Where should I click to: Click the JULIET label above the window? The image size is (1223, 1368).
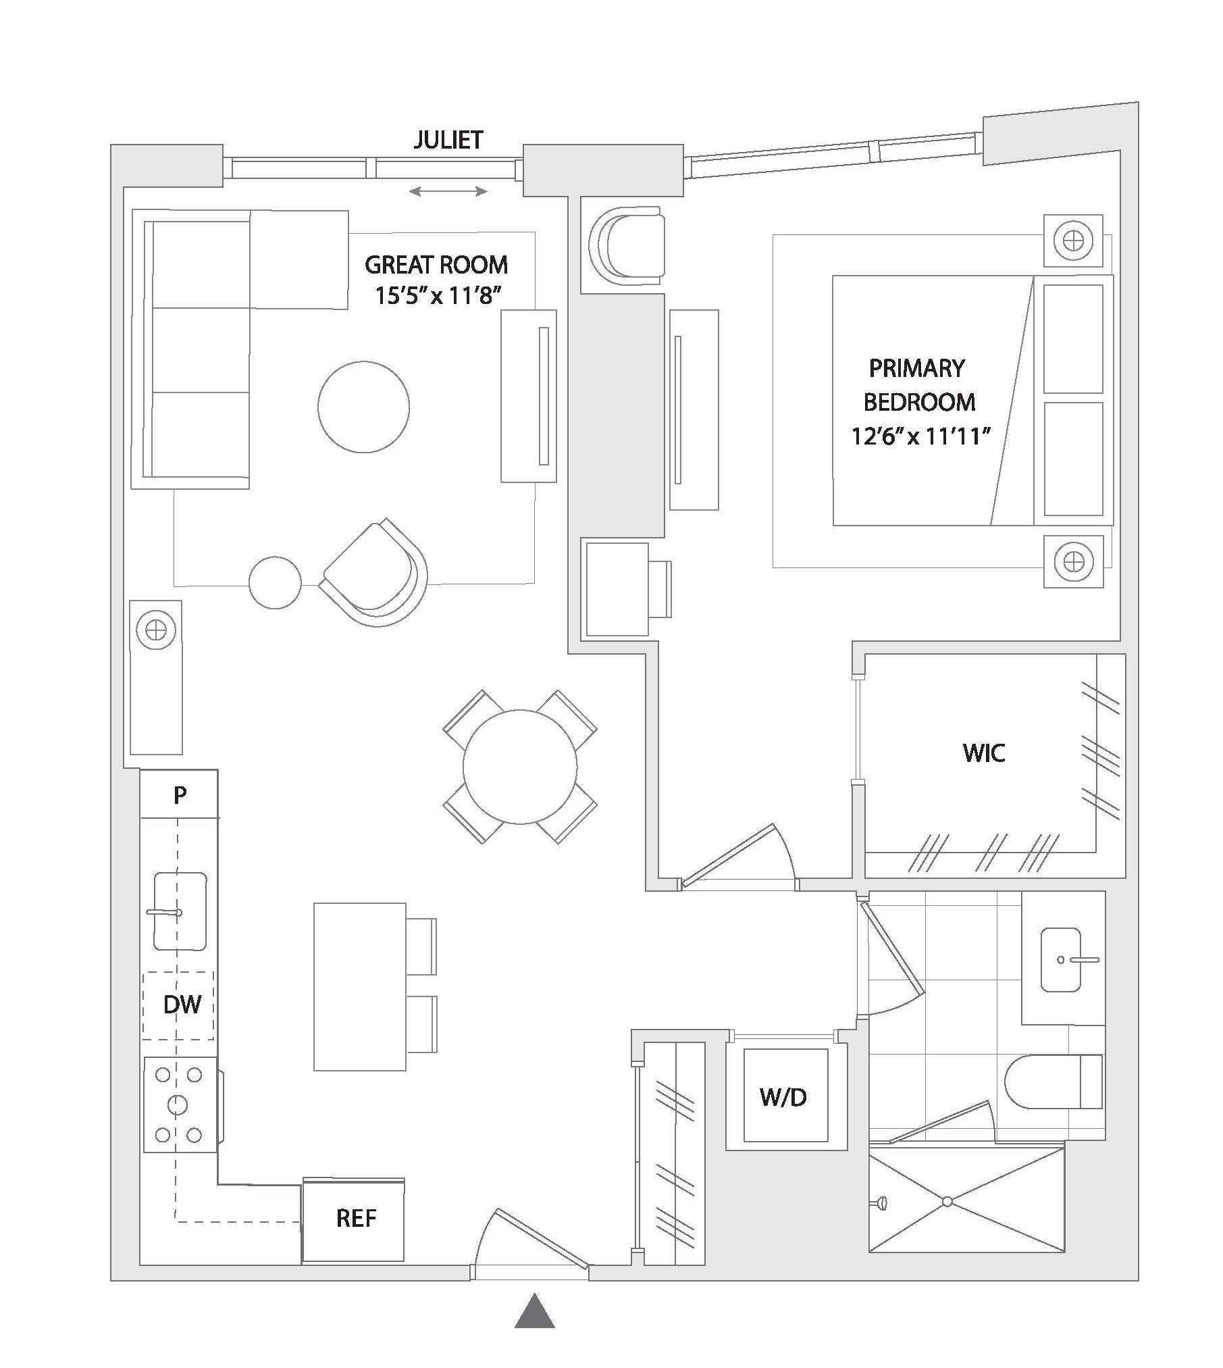click(x=448, y=140)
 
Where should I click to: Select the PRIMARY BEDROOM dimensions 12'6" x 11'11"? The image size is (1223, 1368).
click(x=920, y=436)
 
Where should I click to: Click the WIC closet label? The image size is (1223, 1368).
click(x=984, y=753)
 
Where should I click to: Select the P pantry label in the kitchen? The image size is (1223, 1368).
click(x=180, y=795)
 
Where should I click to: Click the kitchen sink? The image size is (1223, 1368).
click(x=180, y=911)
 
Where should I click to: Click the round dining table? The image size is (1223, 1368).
click(x=520, y=767)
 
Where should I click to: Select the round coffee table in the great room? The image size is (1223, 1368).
click(x=363, y=407)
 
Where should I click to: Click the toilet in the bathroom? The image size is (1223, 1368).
click(x=1053, y=1082)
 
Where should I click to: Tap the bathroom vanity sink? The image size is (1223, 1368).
click(x=1061, y=960)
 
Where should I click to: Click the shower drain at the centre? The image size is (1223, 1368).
click(x=947, y=1201)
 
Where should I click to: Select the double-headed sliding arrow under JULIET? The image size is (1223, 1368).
click(x=448, y=192)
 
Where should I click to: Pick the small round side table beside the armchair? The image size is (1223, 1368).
click(x=275, y=582)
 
